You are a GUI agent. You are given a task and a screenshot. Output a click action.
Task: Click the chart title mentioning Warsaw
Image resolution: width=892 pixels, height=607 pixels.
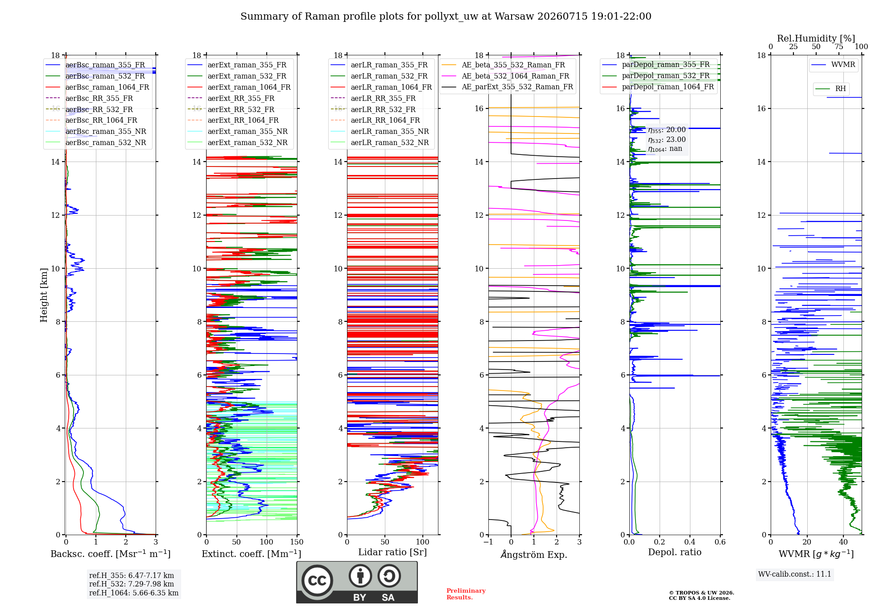pos(446,17)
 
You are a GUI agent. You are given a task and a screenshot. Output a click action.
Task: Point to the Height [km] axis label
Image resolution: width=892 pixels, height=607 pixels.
pos(44,295)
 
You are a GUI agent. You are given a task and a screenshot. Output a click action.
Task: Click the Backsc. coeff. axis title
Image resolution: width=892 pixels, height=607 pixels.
pos(111,554)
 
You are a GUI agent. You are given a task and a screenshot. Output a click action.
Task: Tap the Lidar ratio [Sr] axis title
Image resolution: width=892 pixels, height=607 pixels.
pos(392,553)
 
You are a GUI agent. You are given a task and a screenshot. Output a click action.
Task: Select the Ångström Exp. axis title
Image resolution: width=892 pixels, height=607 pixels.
pos(534,554)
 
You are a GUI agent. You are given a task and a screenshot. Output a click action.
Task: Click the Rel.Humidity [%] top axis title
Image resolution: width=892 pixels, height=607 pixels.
pos(816,38)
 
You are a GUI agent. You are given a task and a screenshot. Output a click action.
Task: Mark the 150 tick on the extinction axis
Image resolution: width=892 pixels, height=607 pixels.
pos(297,542)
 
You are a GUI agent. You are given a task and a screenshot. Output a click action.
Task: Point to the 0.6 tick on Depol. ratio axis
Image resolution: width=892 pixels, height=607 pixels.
pos(720,542)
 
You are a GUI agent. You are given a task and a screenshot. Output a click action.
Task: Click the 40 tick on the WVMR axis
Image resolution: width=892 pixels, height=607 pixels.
pos(843,542)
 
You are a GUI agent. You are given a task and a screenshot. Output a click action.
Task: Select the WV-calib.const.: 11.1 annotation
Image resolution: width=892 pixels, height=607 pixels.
pos(795,574)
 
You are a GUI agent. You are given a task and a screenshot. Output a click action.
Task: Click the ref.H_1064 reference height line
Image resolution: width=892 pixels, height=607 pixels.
pos(134,593)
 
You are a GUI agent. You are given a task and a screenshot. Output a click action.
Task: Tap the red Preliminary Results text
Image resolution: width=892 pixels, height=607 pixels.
pos(466,594)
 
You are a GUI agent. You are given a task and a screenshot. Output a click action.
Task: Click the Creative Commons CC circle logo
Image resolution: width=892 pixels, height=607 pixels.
pos(317,581)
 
